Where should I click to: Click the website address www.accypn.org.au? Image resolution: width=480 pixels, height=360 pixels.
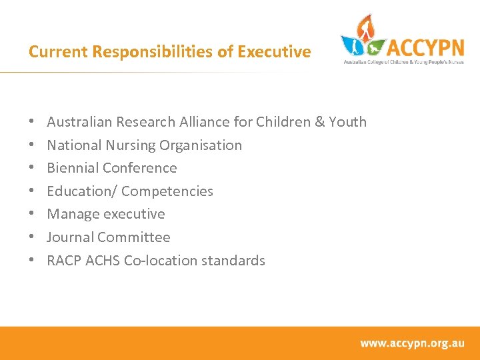point(412,343)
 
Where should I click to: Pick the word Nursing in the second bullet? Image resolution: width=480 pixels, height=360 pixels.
point(121,145)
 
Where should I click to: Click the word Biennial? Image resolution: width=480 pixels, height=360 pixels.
point(73,168)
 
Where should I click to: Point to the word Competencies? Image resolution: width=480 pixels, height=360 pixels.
point(167,191)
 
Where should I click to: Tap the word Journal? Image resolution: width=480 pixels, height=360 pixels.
point(71,237)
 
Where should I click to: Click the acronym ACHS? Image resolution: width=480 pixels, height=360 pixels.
point(103,261)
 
